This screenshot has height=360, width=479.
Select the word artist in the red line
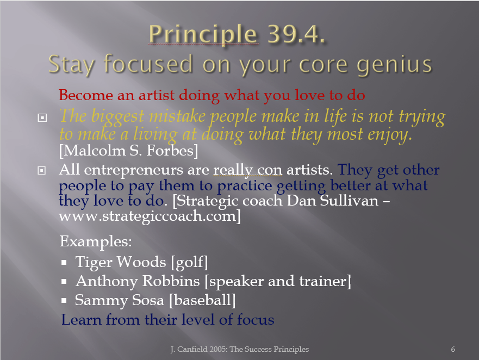coord(157,95)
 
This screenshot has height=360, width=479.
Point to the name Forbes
coord(172,151)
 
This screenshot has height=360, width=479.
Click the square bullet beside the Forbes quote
coord(42,117)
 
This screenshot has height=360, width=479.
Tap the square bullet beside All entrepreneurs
coord(41,170)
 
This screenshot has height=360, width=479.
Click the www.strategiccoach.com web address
coord(150,216)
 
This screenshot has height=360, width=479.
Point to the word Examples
coord(96,241)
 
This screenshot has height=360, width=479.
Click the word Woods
coord(141,262)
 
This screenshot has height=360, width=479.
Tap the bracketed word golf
coord(189,263)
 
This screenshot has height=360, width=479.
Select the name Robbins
coord(171,281)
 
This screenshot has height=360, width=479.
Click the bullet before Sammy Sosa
coord(64,301)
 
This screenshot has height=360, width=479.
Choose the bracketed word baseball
coord(203,300)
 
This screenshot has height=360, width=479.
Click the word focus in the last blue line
coord(256,320)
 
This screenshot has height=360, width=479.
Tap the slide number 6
coord(453,349)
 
